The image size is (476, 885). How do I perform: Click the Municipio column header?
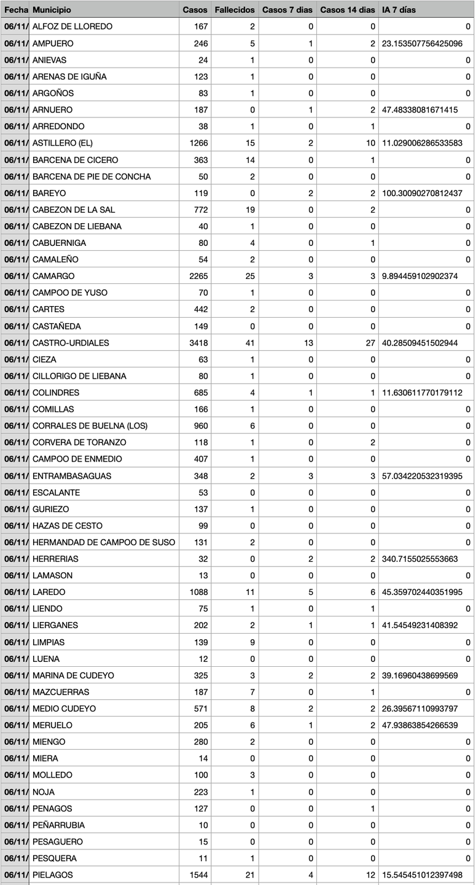pos(52,10)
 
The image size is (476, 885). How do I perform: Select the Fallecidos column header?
pos(235,10)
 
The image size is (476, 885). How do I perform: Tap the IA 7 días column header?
pos(399,10)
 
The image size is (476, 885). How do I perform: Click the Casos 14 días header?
pos(348,10)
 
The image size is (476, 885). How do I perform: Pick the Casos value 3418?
pos(199,342)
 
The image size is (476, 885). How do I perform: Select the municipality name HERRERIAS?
pos(55,559)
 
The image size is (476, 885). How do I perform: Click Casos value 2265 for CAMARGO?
pos(199,276)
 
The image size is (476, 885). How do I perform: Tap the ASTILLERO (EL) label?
pos(63,143)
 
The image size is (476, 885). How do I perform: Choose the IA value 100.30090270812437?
pos(421,193)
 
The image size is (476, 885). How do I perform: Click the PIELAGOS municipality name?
pos(52,875)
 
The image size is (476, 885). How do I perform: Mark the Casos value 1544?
pos(199,875)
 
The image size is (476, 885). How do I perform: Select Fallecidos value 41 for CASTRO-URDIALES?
pos(249,342)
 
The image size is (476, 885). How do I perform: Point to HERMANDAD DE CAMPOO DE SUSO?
pos(104,542)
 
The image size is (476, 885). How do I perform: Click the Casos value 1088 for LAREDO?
pos(199,592)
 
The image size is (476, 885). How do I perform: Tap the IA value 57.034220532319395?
pos(421,476)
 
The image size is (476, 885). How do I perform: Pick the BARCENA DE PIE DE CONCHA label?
pos(92,176)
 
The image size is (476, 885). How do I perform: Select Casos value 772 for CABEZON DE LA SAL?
pos(201,210)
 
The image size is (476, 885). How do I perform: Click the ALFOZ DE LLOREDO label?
pos(72,26)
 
